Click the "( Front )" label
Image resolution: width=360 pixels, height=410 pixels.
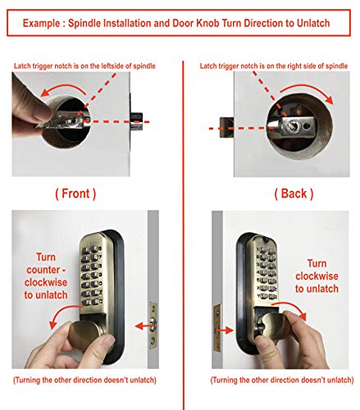click(x=75, y=194)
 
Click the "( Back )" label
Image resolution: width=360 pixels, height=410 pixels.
click(x=294, y=194)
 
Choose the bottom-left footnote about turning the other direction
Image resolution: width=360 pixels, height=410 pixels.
click(x=85, y=382)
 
